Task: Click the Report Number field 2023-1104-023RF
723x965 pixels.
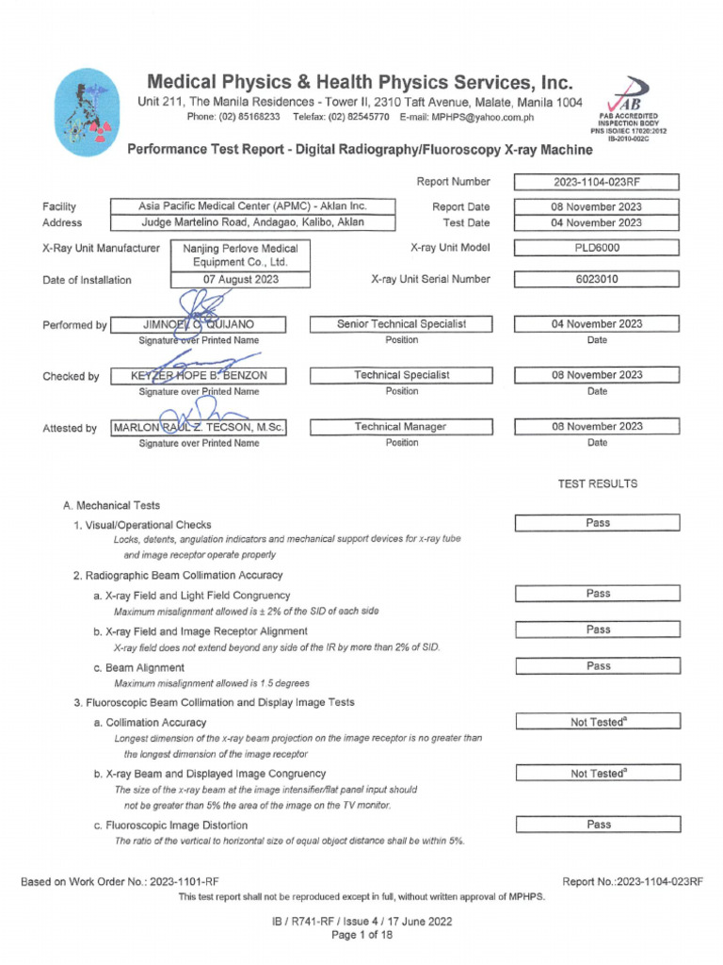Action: (x=597, y=183)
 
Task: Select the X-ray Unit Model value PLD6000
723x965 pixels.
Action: (x=597, y=249)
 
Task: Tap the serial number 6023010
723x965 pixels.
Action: (x=597, y=280)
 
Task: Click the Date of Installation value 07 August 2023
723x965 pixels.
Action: (x=241, y=280)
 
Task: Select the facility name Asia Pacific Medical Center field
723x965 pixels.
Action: (x=253, y=206)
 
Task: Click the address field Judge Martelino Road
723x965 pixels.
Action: (x=253, y=223)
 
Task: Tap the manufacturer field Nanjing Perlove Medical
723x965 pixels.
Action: (x=240, y=255)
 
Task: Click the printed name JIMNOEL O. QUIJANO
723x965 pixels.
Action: (x=198, y=325)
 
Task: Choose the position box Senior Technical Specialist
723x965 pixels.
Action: (x=401, y=324)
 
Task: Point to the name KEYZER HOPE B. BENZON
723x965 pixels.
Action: (x=198, y=376)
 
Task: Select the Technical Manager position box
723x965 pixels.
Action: (x=401, y=427)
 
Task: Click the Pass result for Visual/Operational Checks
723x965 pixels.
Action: (x=597, y=523)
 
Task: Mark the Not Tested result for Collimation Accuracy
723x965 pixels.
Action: (x=597, y=722)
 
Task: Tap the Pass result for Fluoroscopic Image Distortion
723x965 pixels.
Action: (x=597, y=825)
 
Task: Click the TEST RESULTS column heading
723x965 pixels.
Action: (x=597, y=483)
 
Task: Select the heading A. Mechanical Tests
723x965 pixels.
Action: (x=111, y=506)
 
